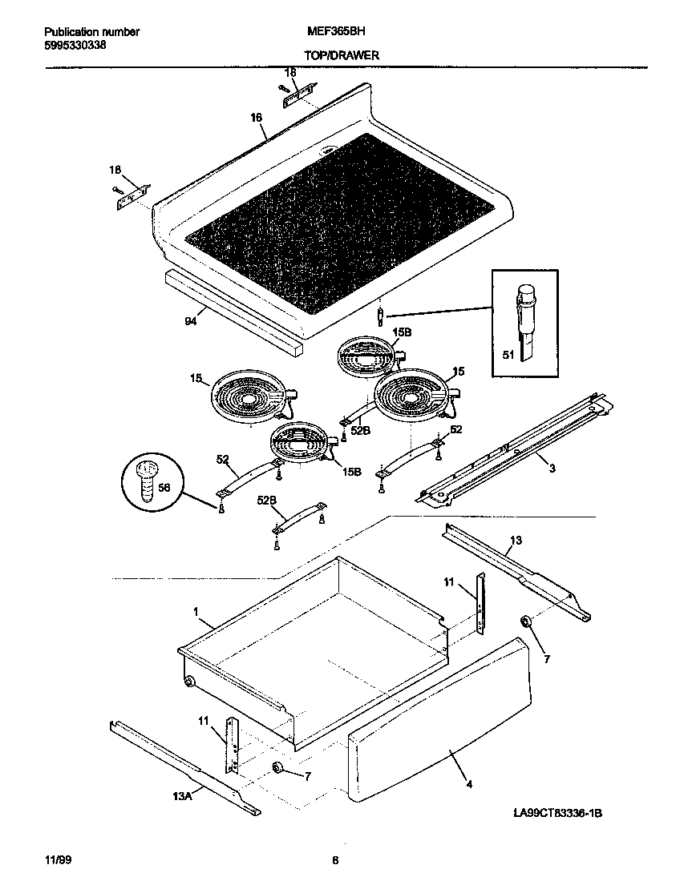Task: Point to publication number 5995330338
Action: point(75,44)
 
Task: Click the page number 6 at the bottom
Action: point(335,861)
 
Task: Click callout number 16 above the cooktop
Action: point(256,118)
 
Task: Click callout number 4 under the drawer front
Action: point(468,784)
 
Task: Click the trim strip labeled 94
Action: point(233,312)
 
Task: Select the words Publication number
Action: point(91,32)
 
